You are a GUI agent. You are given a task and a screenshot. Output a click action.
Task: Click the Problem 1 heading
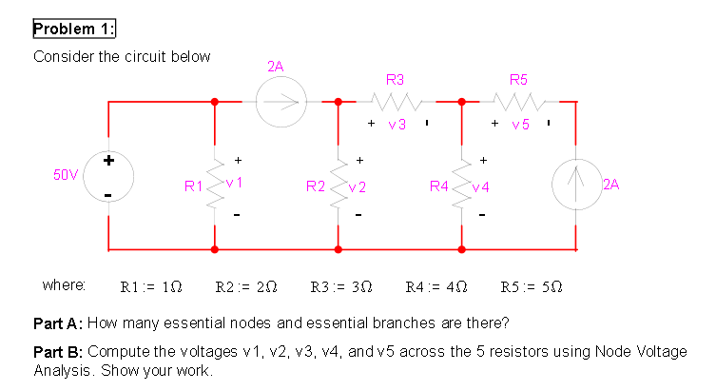[x=74, y=29]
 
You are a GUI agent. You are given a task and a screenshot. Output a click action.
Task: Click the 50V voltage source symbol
[x=108, y=175]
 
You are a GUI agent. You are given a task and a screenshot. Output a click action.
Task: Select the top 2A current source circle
[x=281, y=100]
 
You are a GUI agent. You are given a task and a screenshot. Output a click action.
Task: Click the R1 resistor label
[x=193, y=186]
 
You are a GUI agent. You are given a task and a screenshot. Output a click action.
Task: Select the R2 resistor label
[x=316, y=186]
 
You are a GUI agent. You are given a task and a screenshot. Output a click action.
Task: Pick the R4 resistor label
[x=438, y=186]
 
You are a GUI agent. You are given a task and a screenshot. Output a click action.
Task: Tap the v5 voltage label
[x=520, y=125]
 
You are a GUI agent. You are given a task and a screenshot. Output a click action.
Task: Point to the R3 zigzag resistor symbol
[x=395, y=100]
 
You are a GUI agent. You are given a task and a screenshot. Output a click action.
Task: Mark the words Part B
[x=58, y=351]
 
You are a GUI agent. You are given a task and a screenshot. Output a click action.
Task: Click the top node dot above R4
[x=462, y=100]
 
